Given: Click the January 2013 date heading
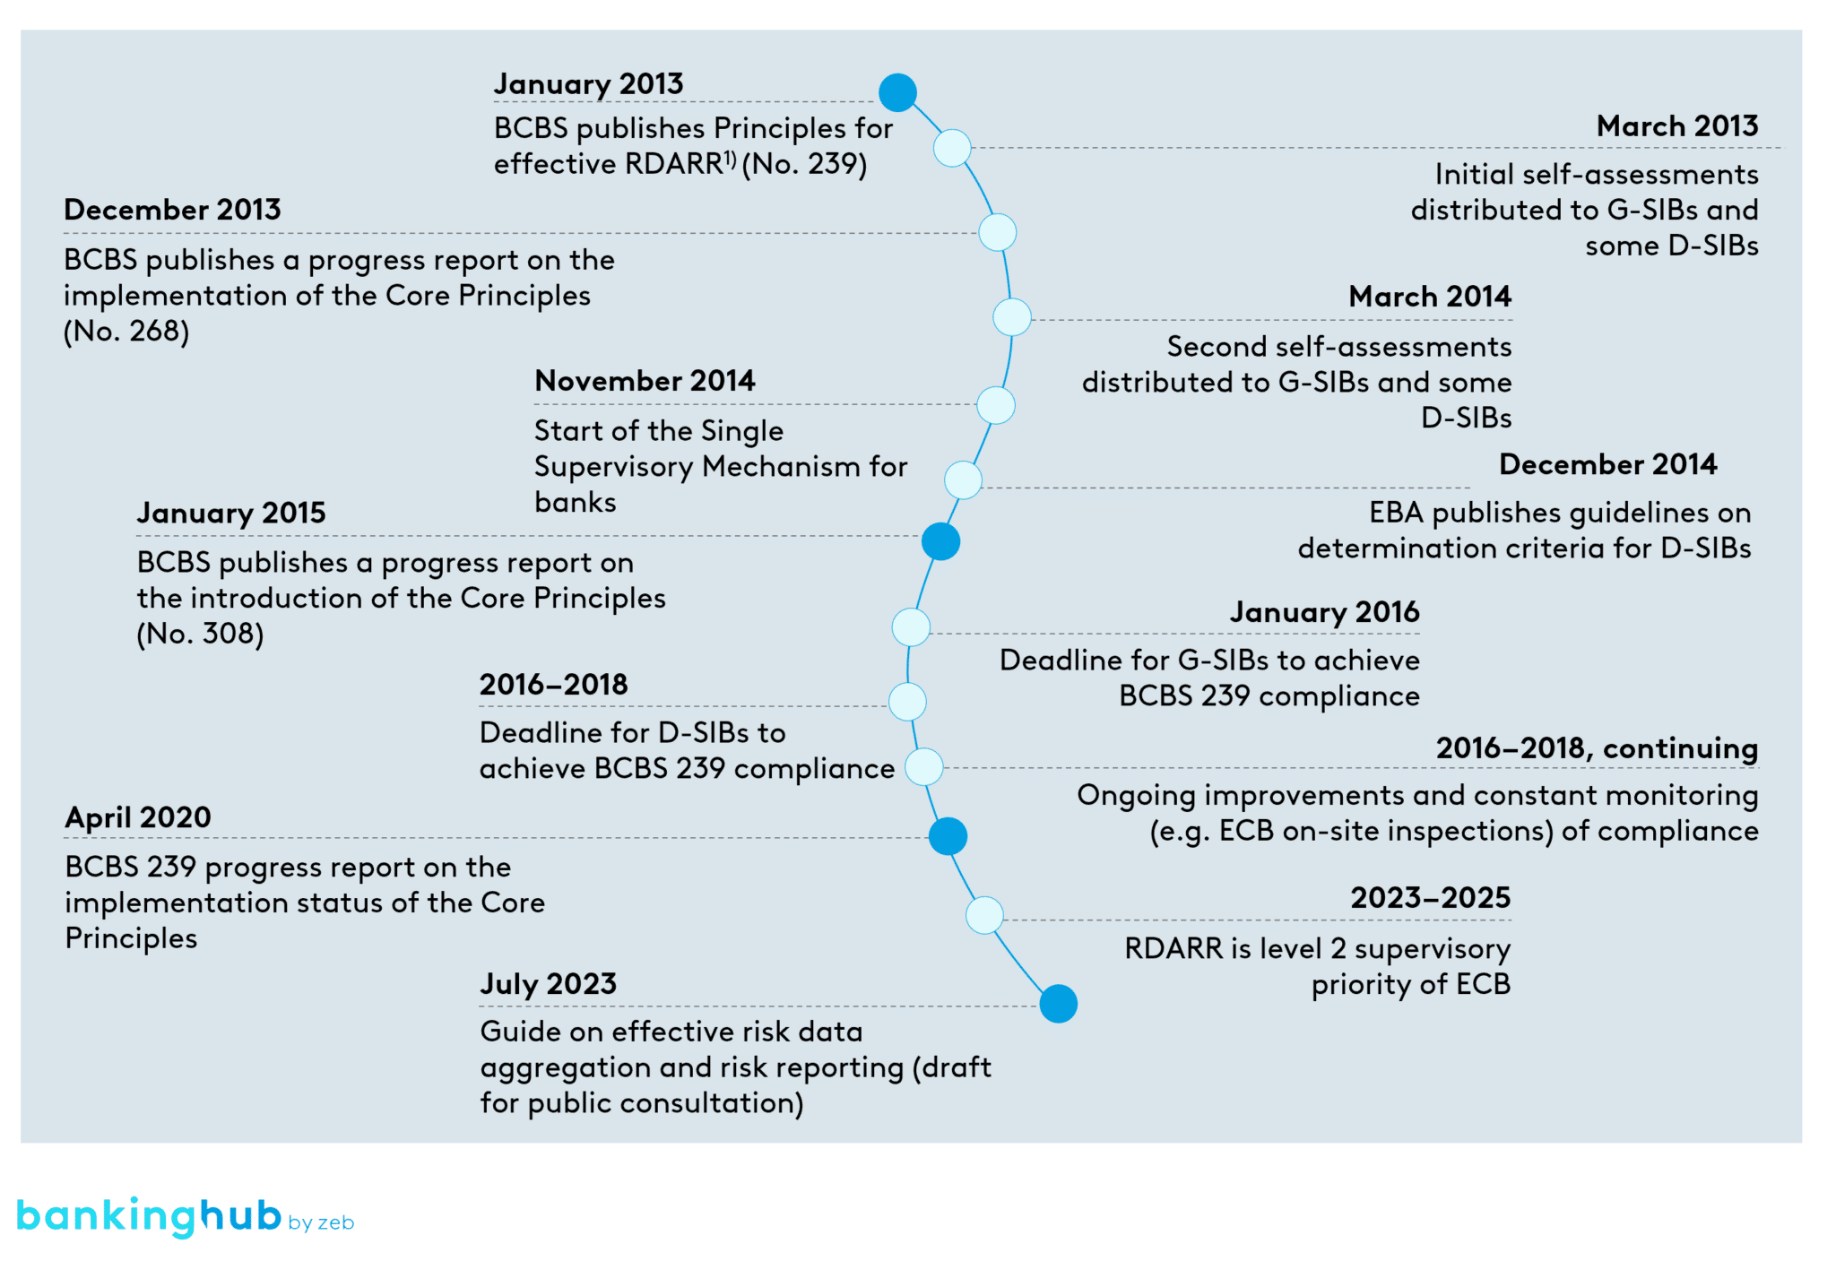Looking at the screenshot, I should point(588,83).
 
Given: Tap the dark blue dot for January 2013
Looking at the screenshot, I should point(896,92).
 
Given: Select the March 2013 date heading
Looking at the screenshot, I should point(1676,125).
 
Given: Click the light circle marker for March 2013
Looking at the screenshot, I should point(952,148).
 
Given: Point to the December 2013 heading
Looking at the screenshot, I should point(172,209).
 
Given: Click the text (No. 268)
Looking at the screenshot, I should point(126,331).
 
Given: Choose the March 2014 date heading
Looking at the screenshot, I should point(1429,296).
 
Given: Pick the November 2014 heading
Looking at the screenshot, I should point(645,380).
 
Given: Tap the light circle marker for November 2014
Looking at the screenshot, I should point(995,405).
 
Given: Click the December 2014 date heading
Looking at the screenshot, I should point(1607,463).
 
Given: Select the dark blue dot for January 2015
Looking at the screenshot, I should point(940,541).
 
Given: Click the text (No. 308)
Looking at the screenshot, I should point(200,634).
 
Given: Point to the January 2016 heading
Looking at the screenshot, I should point(1324,611).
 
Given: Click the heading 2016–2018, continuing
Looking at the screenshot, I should point(1596,747).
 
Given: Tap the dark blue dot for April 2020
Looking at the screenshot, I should point(948,836).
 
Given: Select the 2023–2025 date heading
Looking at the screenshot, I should point(1430,897).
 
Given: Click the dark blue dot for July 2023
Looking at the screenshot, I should point(1058,1004).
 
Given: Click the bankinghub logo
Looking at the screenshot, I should point(149,1216).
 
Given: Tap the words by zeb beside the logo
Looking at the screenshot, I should point(321,1222).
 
